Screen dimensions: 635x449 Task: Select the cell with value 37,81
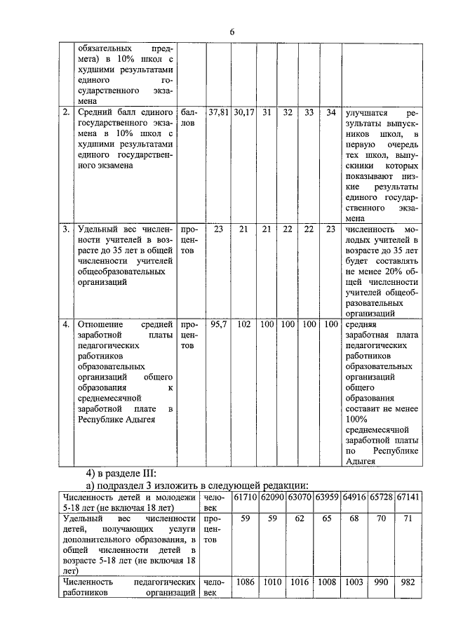[x=220, y=112]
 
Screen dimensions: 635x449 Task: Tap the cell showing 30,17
[x=244, y=112]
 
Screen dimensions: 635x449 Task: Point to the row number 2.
[x=66, y=112]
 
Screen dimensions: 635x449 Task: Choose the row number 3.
[x=66, y=229]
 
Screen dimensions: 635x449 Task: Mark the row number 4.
[x=66, y=324]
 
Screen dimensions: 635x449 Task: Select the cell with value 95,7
[x=219, y=324]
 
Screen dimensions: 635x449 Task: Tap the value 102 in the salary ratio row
[x=244, y=324]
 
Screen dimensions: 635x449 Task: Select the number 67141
[x=408, y=497]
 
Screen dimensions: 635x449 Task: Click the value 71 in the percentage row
[x=408, y=520]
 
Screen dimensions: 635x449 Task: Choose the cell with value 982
[x=408, y=582]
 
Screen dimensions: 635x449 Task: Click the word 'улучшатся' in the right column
[x=367, y=112]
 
